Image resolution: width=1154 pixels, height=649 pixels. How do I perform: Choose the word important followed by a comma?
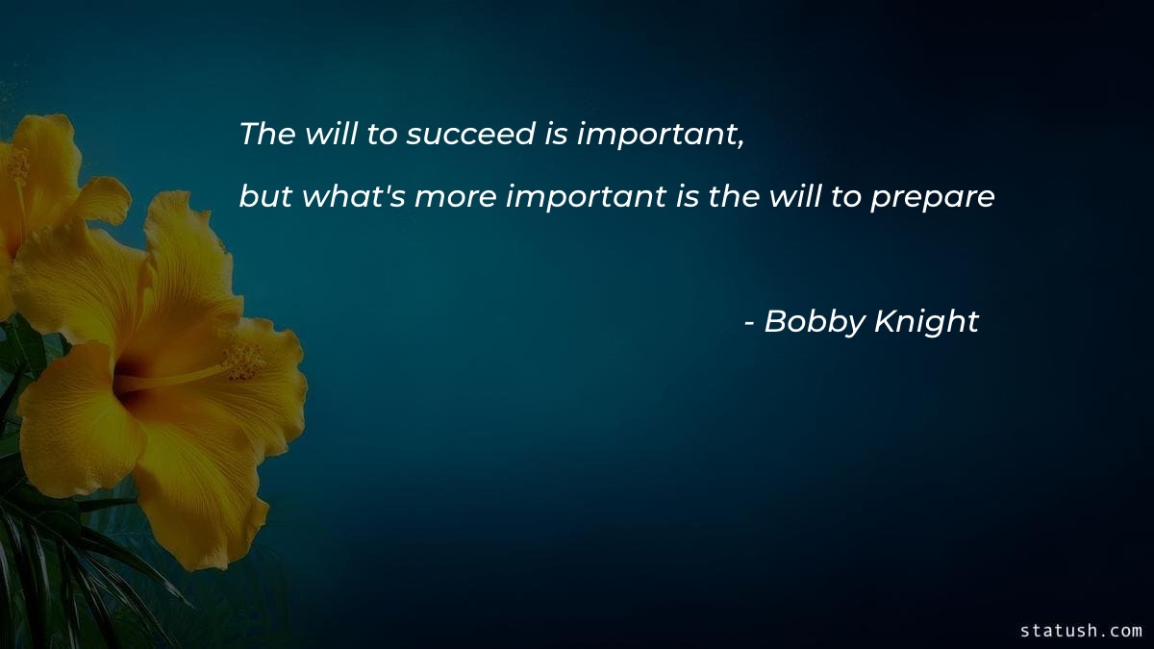click(x=661, y=135)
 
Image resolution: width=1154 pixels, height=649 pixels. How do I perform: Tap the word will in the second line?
click(x=792, y=196)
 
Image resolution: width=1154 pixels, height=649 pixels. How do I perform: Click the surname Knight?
click(x=927, y=323)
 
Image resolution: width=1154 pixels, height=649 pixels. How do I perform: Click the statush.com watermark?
click(x=1081, y=631)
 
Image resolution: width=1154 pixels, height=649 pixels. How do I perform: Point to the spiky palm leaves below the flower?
click(x=58, y=567)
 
